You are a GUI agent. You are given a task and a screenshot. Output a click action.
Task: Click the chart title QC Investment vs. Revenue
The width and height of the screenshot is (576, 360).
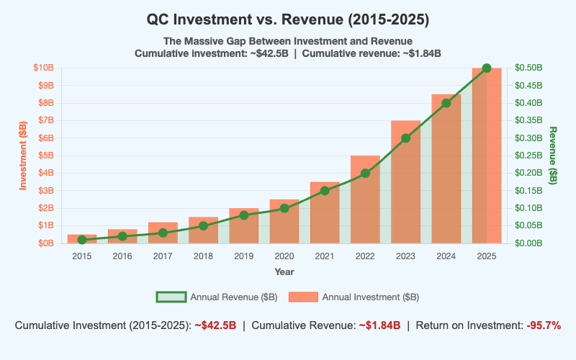[288, 19]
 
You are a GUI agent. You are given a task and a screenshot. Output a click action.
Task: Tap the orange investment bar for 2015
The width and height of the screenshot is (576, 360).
[82, 239]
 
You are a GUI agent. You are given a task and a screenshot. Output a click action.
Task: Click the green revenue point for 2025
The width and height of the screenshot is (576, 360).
[487, 68]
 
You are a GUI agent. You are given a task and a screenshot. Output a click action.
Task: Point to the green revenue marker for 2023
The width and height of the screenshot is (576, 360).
[405, 138]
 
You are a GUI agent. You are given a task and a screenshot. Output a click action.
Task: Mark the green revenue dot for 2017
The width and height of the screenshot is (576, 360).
[163, 233]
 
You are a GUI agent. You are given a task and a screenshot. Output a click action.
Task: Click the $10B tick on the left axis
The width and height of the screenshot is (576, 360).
[43, 68]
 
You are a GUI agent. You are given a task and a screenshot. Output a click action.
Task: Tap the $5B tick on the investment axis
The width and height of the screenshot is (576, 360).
[45, 156]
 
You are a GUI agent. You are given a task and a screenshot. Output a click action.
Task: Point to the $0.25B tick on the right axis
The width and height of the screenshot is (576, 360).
[529, 156]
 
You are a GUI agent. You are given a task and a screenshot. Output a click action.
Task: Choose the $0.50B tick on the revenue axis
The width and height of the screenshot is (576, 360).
[529, 68]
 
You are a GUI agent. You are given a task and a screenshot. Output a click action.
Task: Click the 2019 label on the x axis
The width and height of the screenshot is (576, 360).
[243, 257]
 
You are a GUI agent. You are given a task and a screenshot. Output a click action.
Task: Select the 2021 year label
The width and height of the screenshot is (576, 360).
[325, 257]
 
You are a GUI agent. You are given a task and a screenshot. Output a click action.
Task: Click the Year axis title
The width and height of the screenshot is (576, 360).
[284, 272]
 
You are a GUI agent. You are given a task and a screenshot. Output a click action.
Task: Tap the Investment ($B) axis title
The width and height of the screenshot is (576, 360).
[23, 156]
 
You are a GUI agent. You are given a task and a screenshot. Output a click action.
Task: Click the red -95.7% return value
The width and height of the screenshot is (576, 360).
[543, 325]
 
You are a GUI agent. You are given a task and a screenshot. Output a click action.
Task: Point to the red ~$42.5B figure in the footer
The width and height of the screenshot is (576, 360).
[215, 325]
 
